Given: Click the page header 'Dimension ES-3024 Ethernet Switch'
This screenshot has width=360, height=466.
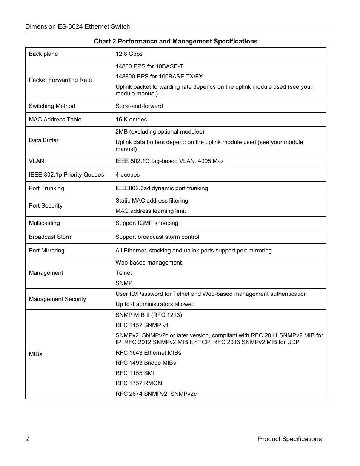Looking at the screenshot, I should (x=77, y=26).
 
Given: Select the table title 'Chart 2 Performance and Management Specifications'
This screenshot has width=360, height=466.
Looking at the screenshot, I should (x=175, y=41).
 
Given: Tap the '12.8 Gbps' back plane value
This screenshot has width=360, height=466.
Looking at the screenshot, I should (x=129, y=54).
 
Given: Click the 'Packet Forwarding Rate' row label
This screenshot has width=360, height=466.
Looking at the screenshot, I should (x=60, y=80).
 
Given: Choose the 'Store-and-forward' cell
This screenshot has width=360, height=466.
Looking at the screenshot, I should (x=139, y=106).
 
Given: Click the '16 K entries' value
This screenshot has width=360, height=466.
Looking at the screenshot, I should (x=131, y=120).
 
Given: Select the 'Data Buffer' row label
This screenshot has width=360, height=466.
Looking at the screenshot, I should (x=44, y=140).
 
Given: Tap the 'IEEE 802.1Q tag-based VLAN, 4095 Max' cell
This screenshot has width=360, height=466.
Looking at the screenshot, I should (x=169, y=161).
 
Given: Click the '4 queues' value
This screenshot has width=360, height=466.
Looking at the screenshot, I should (x=128, y=175).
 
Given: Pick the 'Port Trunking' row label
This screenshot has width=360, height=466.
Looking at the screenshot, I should (x=46, y=188).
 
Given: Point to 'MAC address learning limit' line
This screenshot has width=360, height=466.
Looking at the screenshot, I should (x=151, y=211).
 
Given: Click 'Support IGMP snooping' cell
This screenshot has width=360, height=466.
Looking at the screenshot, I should (x=147, y=223).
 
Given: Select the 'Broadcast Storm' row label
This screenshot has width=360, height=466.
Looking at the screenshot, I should (x=51, y=237).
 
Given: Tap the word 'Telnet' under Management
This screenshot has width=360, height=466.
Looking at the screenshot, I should (x=124, y=273).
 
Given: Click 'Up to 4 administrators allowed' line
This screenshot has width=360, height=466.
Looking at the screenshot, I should (x=155, y=304).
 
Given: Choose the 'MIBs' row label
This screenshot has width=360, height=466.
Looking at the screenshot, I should (x=35, y=354).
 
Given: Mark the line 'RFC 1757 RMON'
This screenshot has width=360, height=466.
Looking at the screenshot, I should (x=138, y=383).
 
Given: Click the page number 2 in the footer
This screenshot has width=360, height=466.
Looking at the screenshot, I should (x=27, y=439).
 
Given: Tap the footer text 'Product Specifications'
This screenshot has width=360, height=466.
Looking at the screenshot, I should (x=289, y=439).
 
